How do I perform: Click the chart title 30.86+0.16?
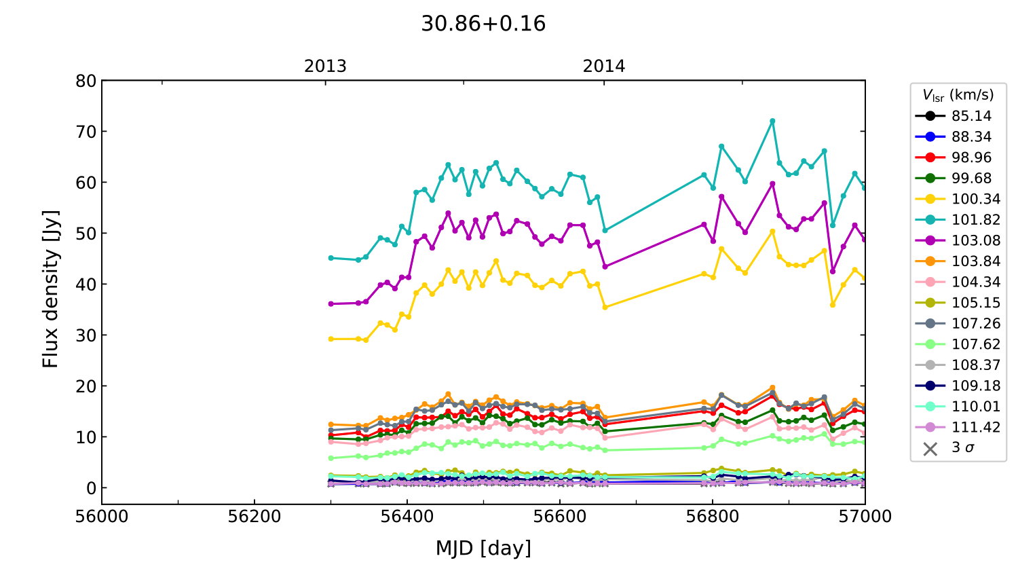pyautogui.click(x=483, y=24)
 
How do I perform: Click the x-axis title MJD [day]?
pyautogui.click(x=483, y=548)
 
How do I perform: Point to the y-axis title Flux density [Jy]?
pyautogui.click(x=51, y=289)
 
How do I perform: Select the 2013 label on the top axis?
pyautogui.click(x=325, y=67)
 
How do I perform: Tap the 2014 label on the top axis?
pyautogui.click(x=604, y=67)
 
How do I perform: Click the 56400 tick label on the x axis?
pyautogui.click(x=407, y=517)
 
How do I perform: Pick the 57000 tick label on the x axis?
pyautogui.click(x=865, y=517)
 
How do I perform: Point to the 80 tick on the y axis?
pyautogui.click(x=86, y=81)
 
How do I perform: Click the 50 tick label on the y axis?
pyautogui.click(x=86, y=234)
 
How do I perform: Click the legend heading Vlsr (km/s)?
pyautogui.click(x=958, y=95)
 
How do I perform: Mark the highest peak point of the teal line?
pyautogui.click(x=772, y=122)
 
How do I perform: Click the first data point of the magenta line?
pyautogui.click(x=331, y=304)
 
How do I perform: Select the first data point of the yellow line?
pyautogui.click(x=331, y=339)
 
